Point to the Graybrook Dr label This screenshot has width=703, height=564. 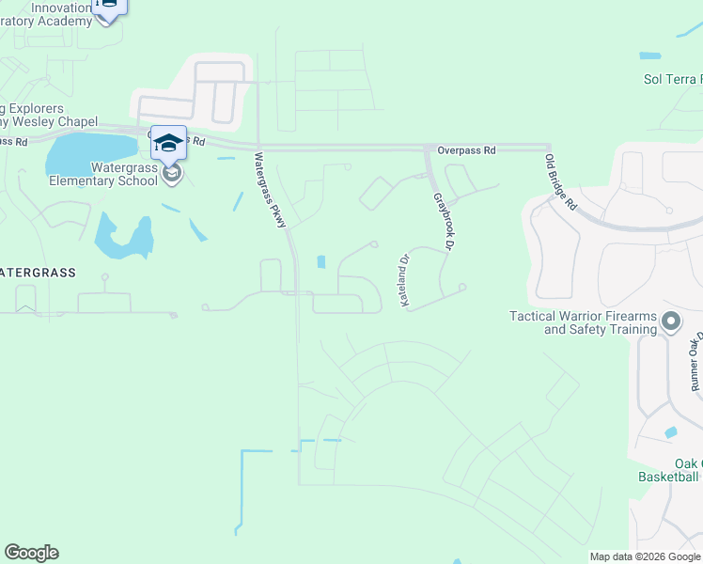(x=443, y=221)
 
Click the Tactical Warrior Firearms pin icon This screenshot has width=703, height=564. (x=670, y=322)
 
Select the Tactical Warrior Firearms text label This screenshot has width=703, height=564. (x=583, y=322)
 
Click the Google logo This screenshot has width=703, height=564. (x=31, y=553)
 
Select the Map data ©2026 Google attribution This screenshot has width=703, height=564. (x=645, y=556)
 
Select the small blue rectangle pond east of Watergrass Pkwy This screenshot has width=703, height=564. (x=322, y=261)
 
